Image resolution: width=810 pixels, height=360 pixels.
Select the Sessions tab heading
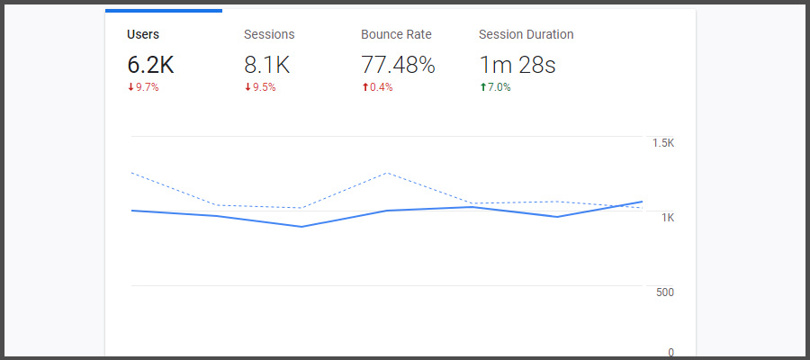(x=269, y=35)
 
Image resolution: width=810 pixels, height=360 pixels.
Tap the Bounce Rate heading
(x=396, y=35)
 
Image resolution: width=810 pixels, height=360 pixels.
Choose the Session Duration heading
(x=526, y=35)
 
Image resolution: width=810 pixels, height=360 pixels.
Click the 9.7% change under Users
(x=147, y=87)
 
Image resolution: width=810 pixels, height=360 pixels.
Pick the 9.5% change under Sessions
(x=264, y=87)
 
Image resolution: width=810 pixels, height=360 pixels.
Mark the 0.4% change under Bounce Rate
(x=381, y=87)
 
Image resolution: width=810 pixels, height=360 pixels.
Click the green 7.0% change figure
(x=499, y=87)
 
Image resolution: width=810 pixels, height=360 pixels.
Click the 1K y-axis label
(x=668, y=218)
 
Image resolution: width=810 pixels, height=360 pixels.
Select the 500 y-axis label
(x=664, y=292)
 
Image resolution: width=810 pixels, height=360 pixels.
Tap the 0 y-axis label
(x=670, y=353)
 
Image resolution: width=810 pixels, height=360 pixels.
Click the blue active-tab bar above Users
(x=164, y=11)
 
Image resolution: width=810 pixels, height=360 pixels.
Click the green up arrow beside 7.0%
(x=482, y=87)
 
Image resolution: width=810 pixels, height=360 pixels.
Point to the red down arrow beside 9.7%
(x=130, y=87)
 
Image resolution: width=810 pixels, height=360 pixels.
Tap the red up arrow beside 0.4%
(x=364, y=87)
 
